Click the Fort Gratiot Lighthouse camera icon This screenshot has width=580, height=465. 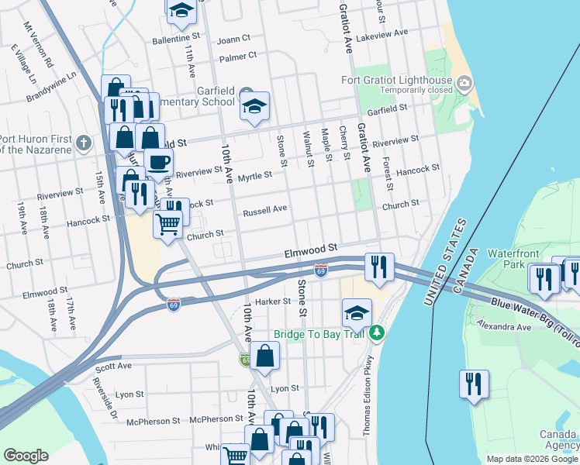click(x=464, y=82)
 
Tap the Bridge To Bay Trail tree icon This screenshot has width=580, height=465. click(x=378, y=333)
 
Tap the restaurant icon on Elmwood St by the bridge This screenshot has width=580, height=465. click(x=378, y=267)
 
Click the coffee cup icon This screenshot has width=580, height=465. click(x=159, y=162)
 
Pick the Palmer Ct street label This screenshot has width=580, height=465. click(x=237, y=57)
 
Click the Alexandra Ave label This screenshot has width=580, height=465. click(x=503, y=326)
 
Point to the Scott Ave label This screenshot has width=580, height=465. click(x=114, y=367)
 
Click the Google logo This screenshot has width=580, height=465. click(x=26, y=456)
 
